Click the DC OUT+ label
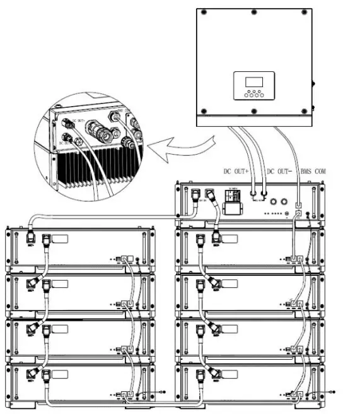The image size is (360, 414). coord(239,171)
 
